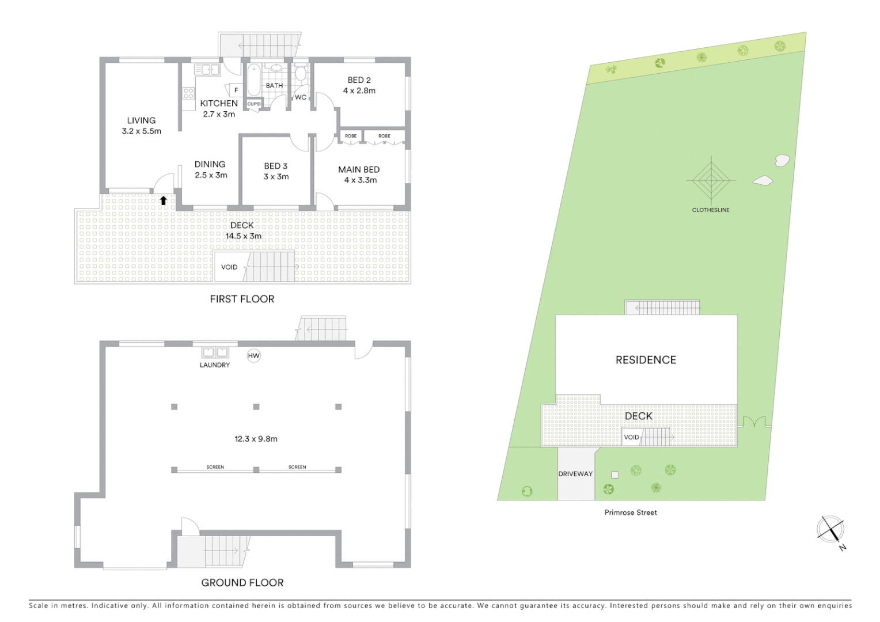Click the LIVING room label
coord(141,120)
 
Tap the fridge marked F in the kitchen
coord(236,90)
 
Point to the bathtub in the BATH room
coord(254,80)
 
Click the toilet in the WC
coord(300,74)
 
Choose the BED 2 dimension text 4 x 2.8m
coord(359,90)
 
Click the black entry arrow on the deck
coord(164,200)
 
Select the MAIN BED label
coord(359,169)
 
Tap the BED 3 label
coord(276,166)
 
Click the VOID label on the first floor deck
coord(229,267)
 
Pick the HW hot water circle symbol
coord(254,356)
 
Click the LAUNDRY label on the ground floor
coord(215,365)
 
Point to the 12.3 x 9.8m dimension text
coord(256,439)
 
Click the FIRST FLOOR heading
coord(242,299)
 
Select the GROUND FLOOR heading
coord(242,583)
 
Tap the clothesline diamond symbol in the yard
coord(711,181)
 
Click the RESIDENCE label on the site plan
coord(646,360)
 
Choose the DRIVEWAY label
coord(575,474)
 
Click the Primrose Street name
coord(631,513)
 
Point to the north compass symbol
coord(830,529)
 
